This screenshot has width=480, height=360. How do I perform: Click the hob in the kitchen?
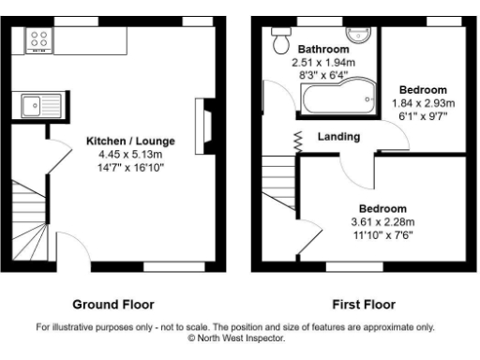click(39, 39)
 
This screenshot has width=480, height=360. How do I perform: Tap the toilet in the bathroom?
click(278, 41)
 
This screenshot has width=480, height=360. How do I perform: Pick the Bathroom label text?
click(323, 49)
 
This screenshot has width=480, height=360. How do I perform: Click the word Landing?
click(338, 137)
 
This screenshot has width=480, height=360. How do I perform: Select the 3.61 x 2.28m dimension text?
click(382, 222)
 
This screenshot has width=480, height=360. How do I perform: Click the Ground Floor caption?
click(113, 305)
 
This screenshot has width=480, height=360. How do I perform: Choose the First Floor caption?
click(363, 305)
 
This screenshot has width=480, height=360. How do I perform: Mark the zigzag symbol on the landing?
click(298, 142)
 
